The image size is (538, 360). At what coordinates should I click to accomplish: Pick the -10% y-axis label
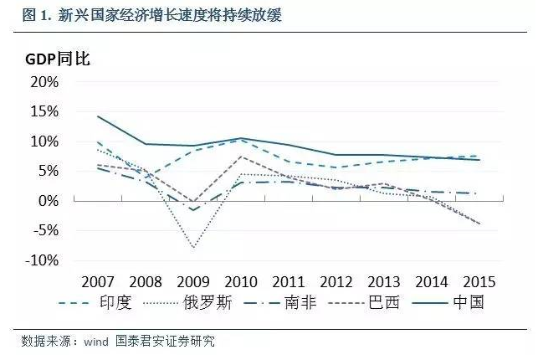(40, 260)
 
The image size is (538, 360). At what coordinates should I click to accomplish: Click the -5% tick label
(44, 231)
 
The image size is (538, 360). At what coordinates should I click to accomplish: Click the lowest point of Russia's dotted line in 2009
(193, 248)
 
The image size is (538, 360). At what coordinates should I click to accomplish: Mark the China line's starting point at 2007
(98, 116)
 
